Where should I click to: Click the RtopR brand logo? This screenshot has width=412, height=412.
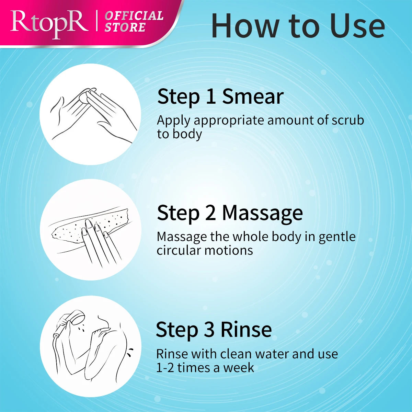point(49,24)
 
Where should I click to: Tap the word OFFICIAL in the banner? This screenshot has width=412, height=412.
point(134,16)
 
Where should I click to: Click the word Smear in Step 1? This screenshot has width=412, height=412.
point(253,96)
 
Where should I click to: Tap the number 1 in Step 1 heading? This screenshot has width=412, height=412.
point(210,96)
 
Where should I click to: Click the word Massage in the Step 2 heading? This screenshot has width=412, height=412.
point(262,214)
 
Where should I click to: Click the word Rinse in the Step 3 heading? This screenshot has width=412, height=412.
point(246,330)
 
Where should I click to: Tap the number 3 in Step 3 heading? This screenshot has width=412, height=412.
point(209,330)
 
